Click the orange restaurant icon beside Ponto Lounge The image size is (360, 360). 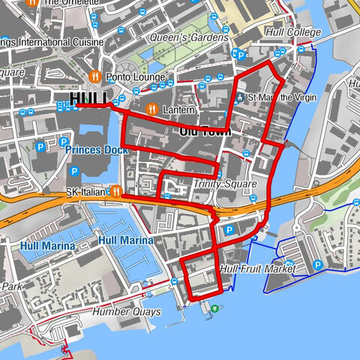95,76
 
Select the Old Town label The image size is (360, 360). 204,131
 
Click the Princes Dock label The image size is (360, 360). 96,149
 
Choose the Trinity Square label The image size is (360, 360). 224,184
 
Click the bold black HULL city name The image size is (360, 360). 89,99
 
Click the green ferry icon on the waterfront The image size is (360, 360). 214,308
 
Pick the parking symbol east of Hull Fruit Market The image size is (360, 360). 319,265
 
